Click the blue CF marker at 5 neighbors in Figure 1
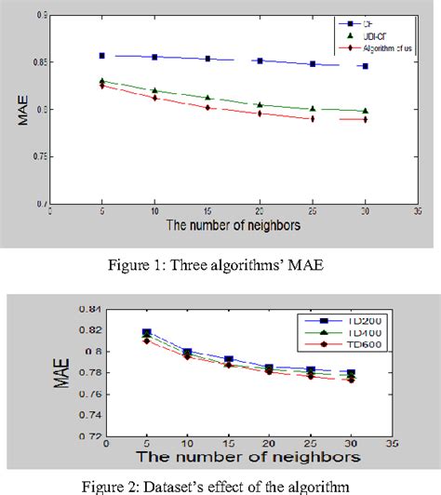coord(101,56)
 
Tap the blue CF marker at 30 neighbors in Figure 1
coord(365,66)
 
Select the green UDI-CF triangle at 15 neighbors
coord(207,97)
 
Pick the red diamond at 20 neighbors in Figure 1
coord(260,114)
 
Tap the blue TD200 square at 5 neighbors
coord(147,332)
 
